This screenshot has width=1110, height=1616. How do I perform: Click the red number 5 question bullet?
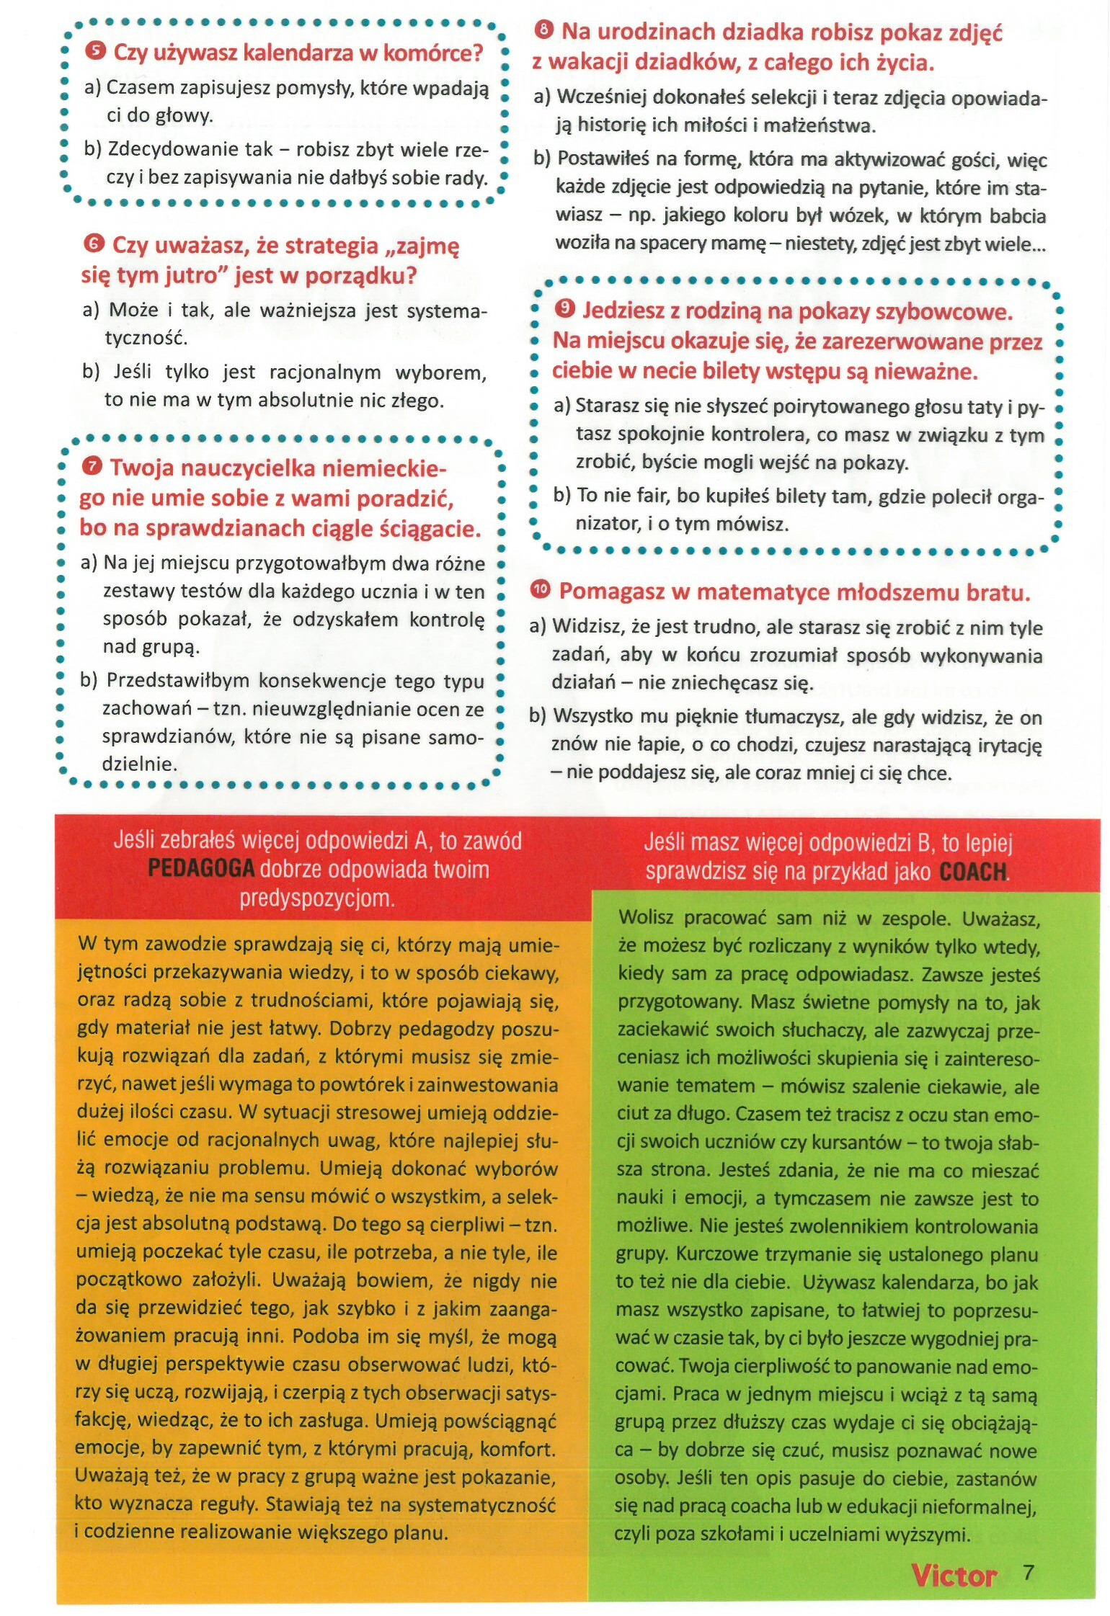pyautogui.click(x=94, y=52)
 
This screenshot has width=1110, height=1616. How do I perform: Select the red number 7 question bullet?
pyautogui.click(x=92, y=467)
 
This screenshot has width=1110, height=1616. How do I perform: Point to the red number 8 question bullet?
pyautogui.click(x=544, y=31)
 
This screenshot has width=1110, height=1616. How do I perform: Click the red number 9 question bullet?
pyautogui.click(x=565, y=310)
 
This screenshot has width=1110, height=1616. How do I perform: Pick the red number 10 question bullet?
pyautogui.click(x=540, y=590)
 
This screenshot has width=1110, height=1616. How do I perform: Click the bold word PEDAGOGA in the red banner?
pyautogui.click(x=201, y=869)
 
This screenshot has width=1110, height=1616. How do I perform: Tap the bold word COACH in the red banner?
pyautogui.click(x=972, y=872)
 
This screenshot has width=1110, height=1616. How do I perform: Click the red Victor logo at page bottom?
pyautogui.click(x=954, y=1576)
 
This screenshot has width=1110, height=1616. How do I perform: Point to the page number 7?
pyautogui.click(x=1029, y=1573)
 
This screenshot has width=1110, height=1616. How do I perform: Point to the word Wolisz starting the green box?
pyautogui.click(x=646, y=919)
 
